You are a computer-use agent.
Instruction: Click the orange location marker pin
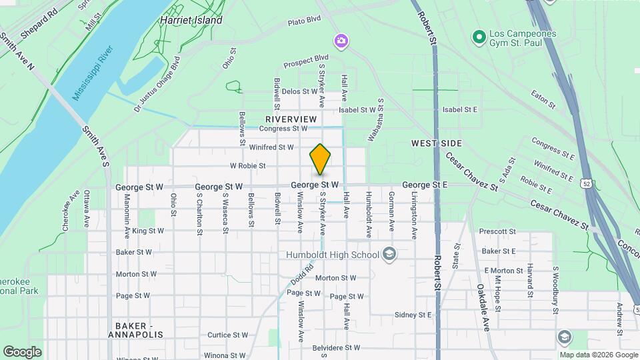[x=320, y=159]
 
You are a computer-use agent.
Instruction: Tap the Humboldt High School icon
[x=389, y=255]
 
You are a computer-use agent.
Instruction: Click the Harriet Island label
[x=191, y=20]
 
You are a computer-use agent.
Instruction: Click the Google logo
[x=22, y=351]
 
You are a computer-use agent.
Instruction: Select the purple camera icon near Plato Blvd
[x=341, y=42]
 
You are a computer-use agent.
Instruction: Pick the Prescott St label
[x=493, y=232]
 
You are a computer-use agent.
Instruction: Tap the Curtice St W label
[x=227, y=335]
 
